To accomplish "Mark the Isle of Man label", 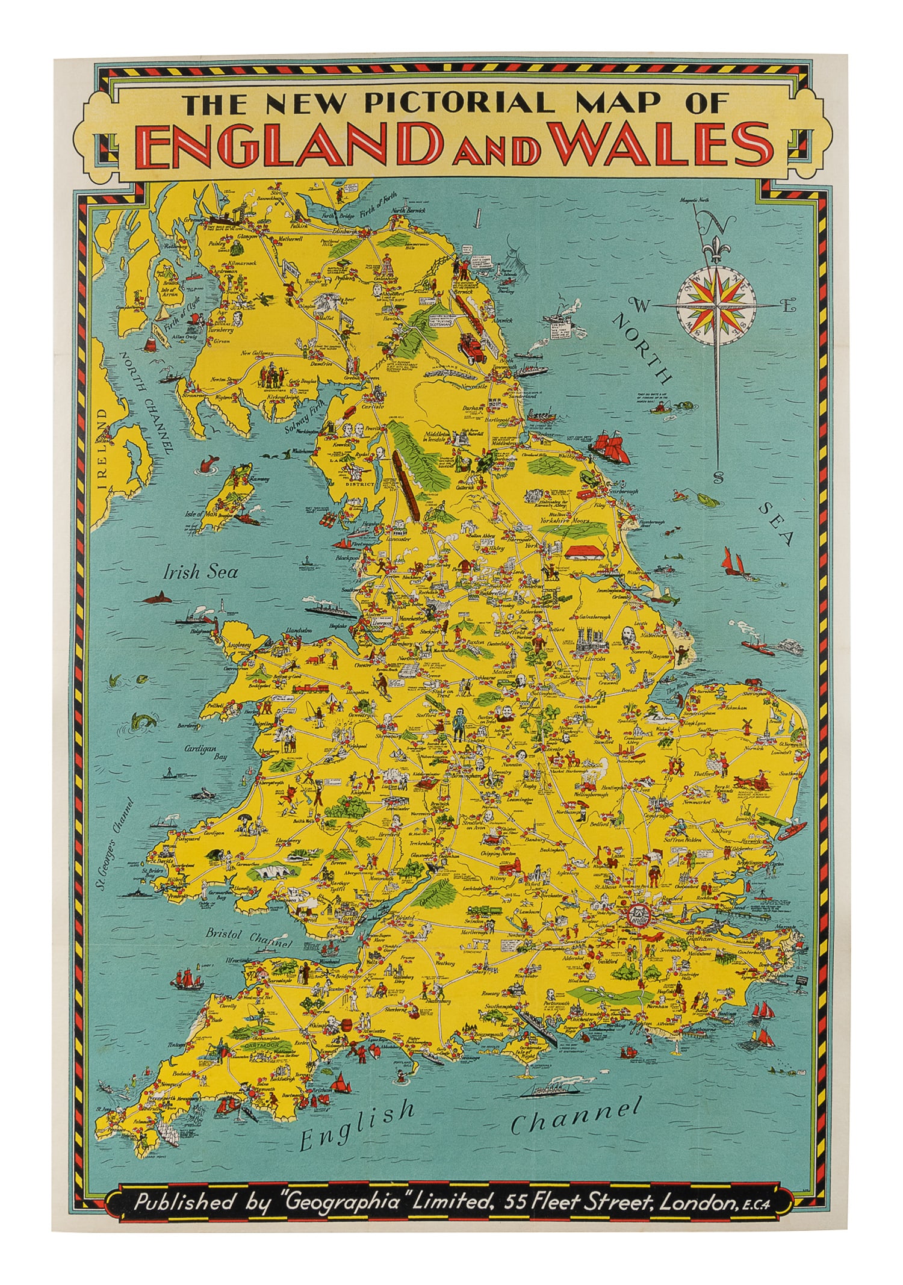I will (x=200, y=513).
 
